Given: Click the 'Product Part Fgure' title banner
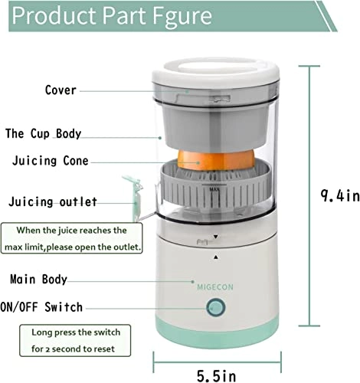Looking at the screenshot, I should tap(115, 16).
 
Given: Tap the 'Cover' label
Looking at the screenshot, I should tap(61, 90).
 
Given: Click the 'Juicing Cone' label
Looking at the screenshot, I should tap(61, 162).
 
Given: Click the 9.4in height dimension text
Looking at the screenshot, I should tap(339, 195).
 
